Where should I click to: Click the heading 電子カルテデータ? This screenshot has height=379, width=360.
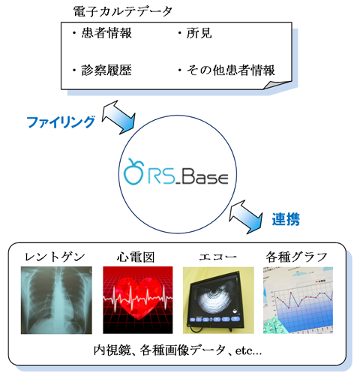(123, 11)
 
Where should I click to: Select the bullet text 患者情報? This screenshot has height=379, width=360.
(106, 33)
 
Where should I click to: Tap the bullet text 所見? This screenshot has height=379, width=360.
(199, 33)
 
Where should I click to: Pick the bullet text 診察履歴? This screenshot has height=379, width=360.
(106, 71)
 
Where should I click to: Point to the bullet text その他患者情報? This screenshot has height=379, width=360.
(231, 71)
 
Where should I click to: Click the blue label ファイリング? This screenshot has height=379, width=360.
(61, 122)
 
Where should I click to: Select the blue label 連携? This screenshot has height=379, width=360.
(286, 219)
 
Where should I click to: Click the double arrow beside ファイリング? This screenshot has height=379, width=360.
(118, 117)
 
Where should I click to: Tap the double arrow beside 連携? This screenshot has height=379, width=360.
(246, 217)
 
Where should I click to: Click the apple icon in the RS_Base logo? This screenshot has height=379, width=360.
(133, 171)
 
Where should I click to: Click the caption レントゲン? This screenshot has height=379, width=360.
(55, 257)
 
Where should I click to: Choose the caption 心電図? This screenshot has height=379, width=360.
(136, 257)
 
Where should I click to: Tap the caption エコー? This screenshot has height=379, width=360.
(217, 257)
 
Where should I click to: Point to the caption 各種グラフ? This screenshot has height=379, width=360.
(297, 257)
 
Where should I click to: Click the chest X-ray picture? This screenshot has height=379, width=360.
(56, 300)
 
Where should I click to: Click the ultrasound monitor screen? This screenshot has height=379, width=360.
(214, 299)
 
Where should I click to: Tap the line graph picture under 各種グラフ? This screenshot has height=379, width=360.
(298, 300)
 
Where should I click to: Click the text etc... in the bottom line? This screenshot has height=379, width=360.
(248, 351)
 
